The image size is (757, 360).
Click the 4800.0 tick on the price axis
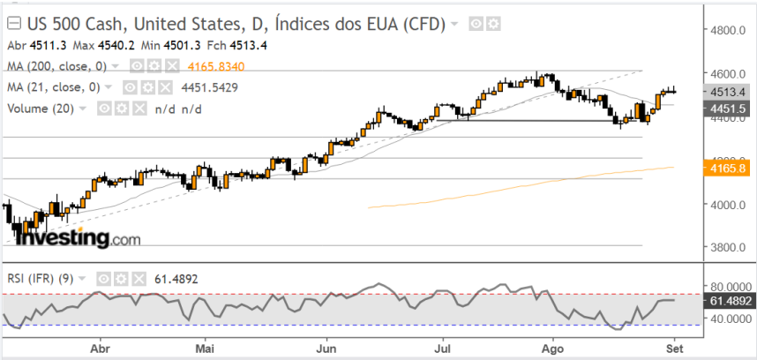[731, 30]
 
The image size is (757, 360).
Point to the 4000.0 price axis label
[731, 205]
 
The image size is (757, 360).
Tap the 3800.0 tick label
[731, 248]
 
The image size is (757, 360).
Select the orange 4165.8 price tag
[730, 167]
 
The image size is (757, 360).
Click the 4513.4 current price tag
[730, 92]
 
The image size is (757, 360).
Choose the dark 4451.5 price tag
[730, 108]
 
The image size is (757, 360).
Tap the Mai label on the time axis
[205, 347]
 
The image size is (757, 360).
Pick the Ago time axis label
[552, 347]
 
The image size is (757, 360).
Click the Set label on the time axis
[672, 347]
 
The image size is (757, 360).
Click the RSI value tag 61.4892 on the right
[731, 302]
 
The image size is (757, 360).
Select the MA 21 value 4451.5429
[209, 87]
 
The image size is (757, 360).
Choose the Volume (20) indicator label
[41, 109]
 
